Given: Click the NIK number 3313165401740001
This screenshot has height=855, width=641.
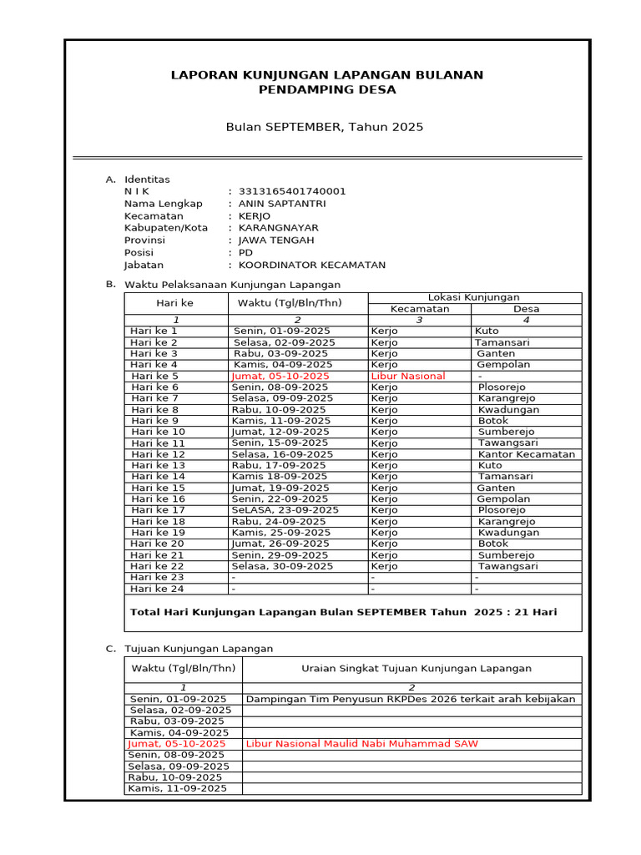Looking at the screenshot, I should (x=292, y=191).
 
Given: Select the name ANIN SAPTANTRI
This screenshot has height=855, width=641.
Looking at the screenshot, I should (x=282, y=204).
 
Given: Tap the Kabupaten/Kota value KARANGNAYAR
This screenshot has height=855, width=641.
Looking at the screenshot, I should (x=278, y=228).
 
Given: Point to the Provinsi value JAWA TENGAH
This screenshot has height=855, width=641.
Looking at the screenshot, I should (x=276, y=240).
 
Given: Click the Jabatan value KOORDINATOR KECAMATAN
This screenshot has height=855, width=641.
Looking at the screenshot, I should (x=312, y=266).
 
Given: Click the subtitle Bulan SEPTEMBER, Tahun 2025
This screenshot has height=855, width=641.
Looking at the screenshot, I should (x=325, y=127).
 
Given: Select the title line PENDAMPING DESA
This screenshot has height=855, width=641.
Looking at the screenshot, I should (x=326, y=89).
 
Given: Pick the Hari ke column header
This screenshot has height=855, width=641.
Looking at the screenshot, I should (x=175, y=303).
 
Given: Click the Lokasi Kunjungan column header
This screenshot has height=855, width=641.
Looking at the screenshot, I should (x=473, y=297).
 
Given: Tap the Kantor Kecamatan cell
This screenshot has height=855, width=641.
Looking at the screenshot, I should (x=527, y=454).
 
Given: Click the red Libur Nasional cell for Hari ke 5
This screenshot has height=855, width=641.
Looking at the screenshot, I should (x=408, y=376).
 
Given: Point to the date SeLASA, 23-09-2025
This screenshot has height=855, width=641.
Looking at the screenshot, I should (x=285, y=510).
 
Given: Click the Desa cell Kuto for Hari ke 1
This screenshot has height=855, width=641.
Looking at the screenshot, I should (x=487, y=331).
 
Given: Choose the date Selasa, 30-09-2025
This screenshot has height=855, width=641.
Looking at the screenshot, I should (x=282, y=566).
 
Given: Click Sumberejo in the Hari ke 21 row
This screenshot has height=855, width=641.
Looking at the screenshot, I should (x=507, y=554).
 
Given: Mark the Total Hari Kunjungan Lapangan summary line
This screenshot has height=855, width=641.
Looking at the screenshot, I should (x=343, y=612).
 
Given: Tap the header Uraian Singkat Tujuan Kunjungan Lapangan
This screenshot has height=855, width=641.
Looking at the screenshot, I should (x=416, y=668).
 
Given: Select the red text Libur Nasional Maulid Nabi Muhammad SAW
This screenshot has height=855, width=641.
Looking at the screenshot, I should (x=362, y=743).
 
